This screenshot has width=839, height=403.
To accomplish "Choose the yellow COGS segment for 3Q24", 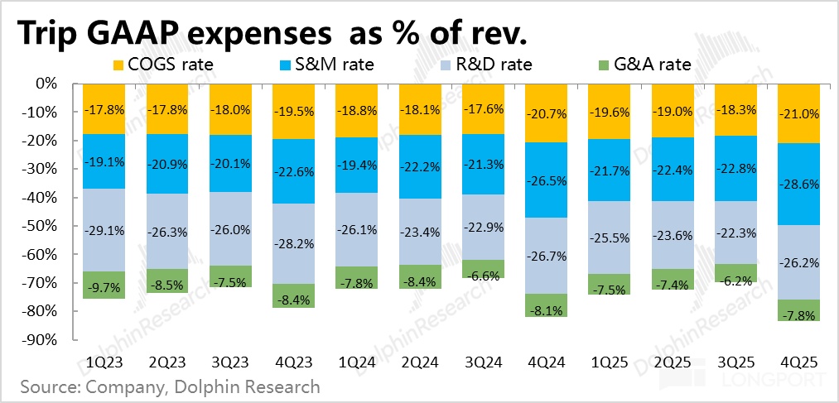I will (x=483, y=109).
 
